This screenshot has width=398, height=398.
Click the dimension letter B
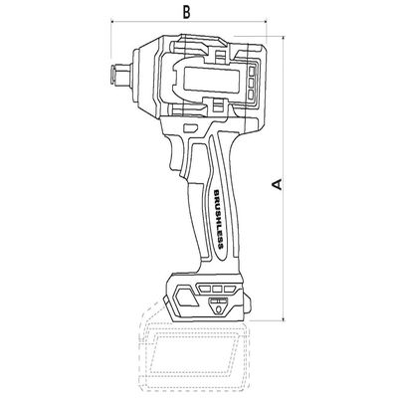(x=187, y=12)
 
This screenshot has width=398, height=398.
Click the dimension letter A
(x=277, y=184)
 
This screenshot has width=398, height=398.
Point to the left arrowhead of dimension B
(x=112, y=22)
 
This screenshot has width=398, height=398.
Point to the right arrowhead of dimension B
(x=265, y=22)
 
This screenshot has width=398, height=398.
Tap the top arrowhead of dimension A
(x=284, y=38)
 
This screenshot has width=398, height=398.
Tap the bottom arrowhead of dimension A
(x=284, y=318)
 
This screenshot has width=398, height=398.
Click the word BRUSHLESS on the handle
(x=218, y=220)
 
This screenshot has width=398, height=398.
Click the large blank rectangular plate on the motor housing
(x=212, y=80)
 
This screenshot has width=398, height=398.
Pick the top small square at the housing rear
(x=252, y=71)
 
